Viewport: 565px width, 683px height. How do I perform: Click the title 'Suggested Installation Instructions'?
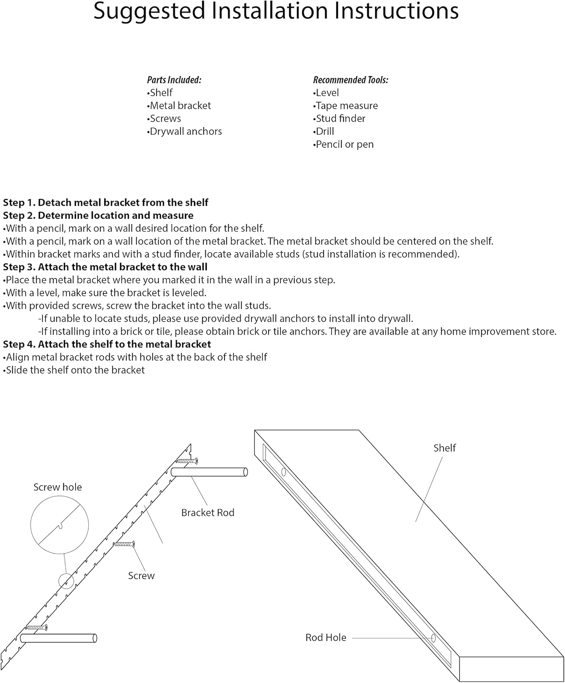(276, 11)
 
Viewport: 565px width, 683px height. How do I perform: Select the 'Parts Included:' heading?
(174, 80)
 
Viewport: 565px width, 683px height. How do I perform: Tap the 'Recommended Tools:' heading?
(351, 80)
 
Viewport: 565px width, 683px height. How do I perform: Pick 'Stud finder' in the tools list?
(340, 119)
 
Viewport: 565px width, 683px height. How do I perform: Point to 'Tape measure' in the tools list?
(346, 106)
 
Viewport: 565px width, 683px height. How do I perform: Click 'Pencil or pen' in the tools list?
(344, 144)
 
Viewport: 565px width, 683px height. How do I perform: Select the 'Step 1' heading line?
(106, 203)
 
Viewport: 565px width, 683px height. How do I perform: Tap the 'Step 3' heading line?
(105, 267)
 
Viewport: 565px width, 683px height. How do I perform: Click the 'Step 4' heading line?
(107, 345)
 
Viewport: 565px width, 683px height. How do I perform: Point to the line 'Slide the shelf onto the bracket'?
(75, 370)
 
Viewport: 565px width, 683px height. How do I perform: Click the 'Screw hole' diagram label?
(58, 487)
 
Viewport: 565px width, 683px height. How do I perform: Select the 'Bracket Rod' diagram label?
(208, 513)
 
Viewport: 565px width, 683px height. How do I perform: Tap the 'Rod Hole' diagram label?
(326, 638)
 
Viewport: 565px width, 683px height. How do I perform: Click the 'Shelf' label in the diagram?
(444, 448)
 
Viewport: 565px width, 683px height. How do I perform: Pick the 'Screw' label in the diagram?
(141, 576)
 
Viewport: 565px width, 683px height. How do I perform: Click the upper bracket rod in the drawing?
(209, 472)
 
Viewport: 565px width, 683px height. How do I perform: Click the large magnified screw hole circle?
(59, 525)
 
